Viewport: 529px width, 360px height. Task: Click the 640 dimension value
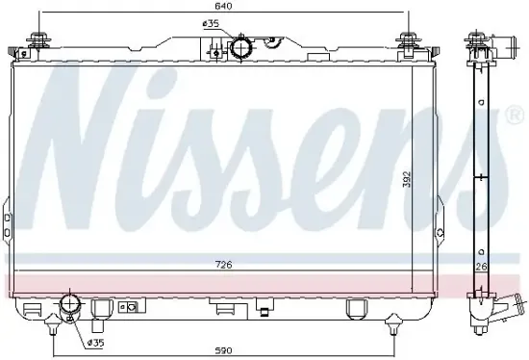[224, 7]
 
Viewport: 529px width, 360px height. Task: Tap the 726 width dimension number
[224, 265]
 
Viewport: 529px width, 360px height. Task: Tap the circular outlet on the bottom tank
[70, 305]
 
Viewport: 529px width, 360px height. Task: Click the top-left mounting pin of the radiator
[39, 39]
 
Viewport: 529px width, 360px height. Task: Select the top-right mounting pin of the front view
[409, 39]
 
